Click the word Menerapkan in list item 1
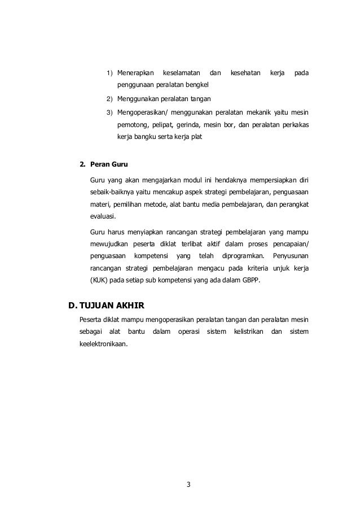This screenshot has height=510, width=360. (136, 73)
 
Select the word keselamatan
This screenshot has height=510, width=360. (181, 73)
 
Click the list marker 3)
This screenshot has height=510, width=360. (110, 112)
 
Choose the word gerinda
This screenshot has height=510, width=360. (187, 124)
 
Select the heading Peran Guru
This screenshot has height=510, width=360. (109, 165)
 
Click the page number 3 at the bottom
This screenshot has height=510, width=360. (188, 483)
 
